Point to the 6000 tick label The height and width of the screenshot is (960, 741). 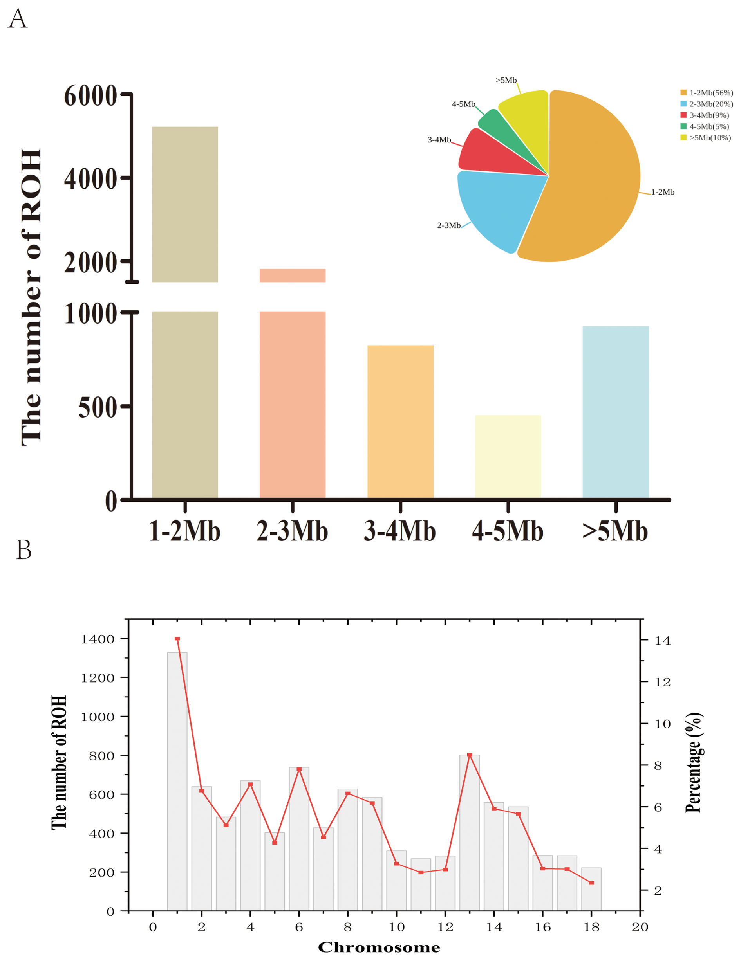coord(90,95)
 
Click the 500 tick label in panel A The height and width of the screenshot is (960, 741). coord(98,407)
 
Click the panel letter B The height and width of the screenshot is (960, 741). coord(24,549)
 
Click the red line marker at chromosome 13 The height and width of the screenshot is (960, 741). coord(470,755)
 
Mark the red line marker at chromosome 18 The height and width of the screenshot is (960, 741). coord(591,883)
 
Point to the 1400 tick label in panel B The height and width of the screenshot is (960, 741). coord(98,639)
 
